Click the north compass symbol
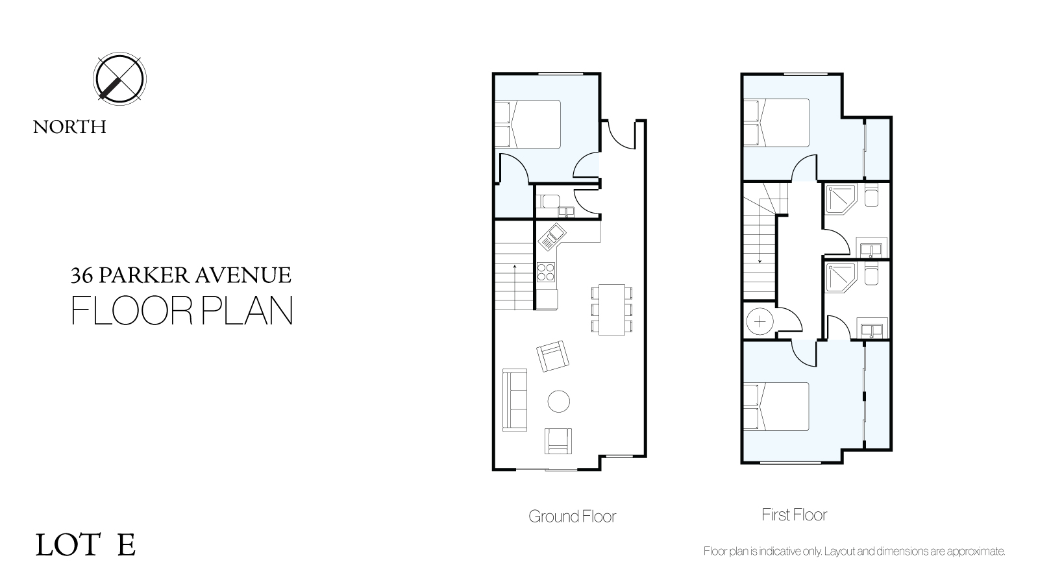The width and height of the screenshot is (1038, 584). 119,79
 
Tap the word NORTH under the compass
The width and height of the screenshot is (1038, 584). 69,127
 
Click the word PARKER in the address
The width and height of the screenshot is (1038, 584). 143,275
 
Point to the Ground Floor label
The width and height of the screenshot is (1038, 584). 573,517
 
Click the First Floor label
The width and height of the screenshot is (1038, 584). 795,515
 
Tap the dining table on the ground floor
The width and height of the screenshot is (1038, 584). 612,310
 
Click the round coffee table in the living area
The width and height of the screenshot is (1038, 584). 558,401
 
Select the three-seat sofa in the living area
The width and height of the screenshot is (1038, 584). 515,400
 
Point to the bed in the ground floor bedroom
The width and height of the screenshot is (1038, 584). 528,124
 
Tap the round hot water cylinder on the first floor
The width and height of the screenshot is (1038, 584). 760,321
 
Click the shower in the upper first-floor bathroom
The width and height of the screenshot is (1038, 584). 841,199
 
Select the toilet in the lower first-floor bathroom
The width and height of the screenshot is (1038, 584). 871,274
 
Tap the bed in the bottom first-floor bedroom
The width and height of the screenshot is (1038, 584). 776,406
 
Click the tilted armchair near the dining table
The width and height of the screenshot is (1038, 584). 552,356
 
